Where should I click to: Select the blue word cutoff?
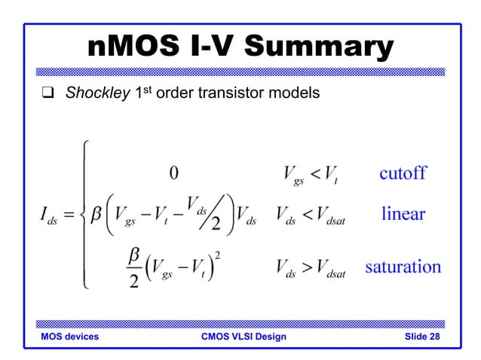pyautogui.click(x=402, y=173)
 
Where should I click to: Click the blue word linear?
pyautogui.click(x=403, y=214)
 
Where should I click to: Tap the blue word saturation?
pyautogui.click(x=403, y=267)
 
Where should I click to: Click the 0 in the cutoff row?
pyautogui.click(x=173, y=174)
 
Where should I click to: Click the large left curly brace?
pyautogui.click(x=85, y=214)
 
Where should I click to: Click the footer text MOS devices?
pyautogui.click(x=69, y=337)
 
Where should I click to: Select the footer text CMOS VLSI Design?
pyautogui.click(x=239, y=337)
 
